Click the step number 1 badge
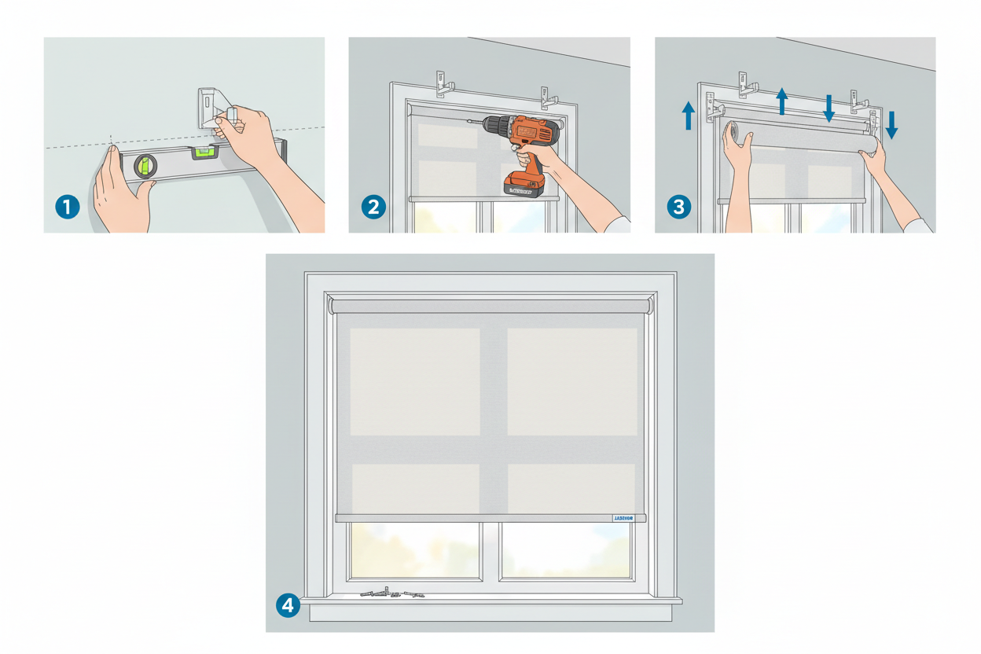coord(68,207)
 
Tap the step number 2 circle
coord(373,207)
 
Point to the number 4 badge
coord(288,605)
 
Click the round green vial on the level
coord(145,165)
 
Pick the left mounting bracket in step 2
coord(443,83)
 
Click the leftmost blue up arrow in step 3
coord(689,115)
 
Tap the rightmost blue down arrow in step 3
coord(891,124)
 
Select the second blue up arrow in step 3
coord(781,101)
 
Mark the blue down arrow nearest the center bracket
coord(829,107)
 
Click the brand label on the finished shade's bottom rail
coord(627,518)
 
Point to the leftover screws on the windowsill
coord(391,593)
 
